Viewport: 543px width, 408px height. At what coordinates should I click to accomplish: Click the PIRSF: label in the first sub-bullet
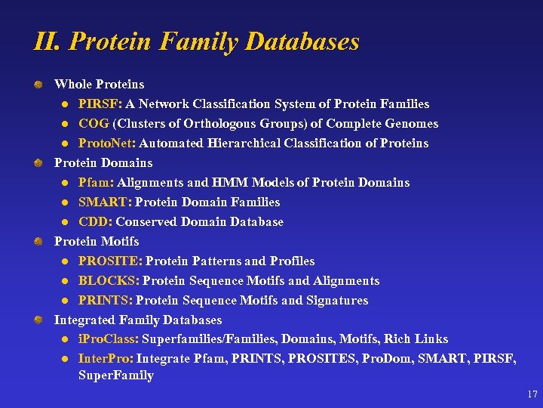pos(100,104)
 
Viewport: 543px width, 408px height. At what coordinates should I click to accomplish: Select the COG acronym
pos(94,124)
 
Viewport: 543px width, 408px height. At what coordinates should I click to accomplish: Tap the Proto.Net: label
pos(107,144)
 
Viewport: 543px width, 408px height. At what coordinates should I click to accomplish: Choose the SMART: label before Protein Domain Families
pos(104,202)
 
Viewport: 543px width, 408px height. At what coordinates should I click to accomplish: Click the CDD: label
pos(96,222)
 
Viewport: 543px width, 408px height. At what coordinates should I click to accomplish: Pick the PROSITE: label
pos(110,261)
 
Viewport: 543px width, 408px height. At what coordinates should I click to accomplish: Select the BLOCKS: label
pos(109,281)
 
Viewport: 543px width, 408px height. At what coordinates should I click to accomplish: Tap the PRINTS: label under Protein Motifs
pos(106,301)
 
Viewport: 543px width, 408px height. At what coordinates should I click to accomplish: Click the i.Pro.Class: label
pos(109,339)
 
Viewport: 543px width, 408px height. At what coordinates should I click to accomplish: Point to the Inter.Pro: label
pos(106,358)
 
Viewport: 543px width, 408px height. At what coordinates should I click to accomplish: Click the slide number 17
pos(532,394)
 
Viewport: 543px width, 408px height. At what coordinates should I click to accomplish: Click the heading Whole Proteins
pos(99,85)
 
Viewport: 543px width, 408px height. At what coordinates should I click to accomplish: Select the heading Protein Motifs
pos(97,242)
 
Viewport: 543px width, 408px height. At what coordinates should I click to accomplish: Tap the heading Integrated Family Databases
pos(138,320)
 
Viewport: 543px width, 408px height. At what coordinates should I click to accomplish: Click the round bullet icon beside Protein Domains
pos(38,163)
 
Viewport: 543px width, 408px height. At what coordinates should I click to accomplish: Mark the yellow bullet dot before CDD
pos(66,222)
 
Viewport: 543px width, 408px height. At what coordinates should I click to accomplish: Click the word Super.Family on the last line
pos(116,376)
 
